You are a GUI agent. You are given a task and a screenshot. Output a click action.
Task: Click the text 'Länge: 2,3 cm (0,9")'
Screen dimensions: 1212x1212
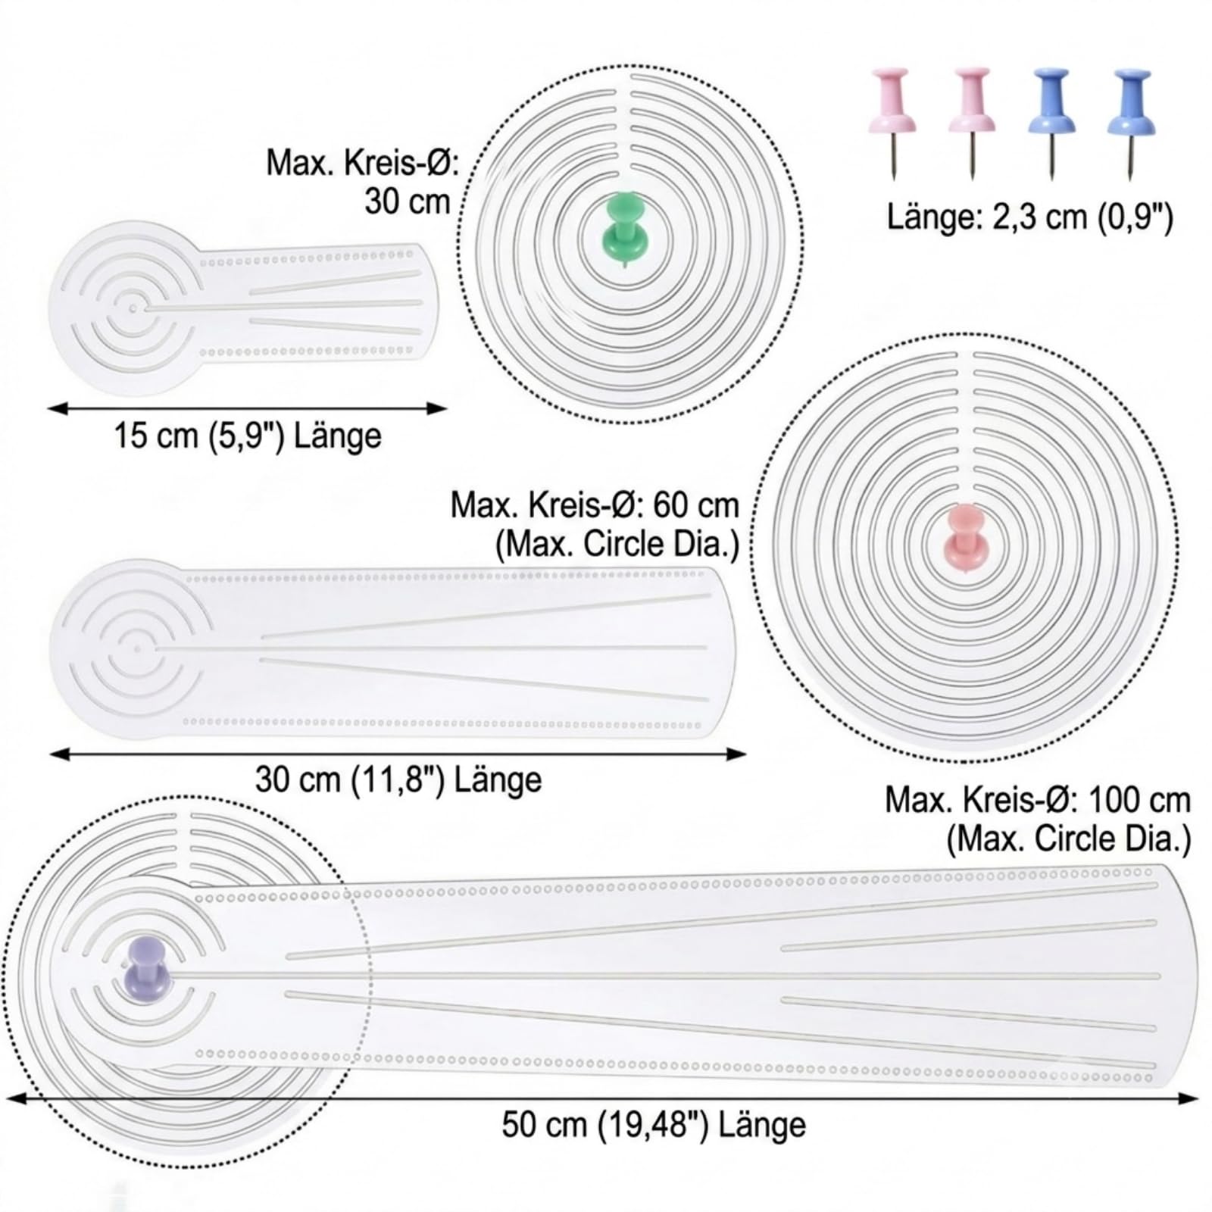point(1030,217)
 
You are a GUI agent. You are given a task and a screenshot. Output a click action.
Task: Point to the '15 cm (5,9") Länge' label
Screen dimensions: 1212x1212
point(248,436)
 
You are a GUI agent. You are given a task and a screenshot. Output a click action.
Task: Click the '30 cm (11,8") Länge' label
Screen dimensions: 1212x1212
point(398,779)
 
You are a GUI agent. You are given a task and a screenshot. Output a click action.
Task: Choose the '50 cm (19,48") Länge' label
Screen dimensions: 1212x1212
point(654,1124)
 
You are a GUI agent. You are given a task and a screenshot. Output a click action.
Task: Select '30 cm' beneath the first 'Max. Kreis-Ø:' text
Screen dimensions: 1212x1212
point(408,201)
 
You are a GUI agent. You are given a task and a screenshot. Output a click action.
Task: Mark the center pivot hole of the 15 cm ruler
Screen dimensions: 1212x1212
point(133,308)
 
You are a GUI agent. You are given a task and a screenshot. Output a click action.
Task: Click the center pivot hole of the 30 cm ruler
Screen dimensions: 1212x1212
point(136,648)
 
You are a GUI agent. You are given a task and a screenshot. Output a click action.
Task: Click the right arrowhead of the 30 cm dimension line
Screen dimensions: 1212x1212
point(738,754)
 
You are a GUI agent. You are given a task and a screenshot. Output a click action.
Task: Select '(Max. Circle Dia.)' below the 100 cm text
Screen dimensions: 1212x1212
point(1069,839)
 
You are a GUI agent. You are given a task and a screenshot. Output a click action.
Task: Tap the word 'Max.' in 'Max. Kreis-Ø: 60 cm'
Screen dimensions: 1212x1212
point(485,504)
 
